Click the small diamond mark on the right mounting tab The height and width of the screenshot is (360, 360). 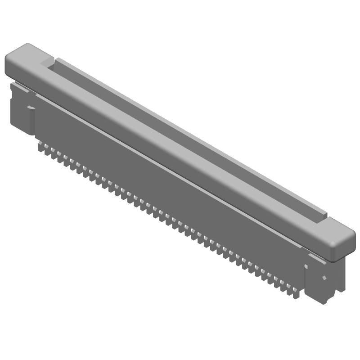pyautogui.click(x=323, y=278)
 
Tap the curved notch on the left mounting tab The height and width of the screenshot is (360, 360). pyautogui.click(x=31, y=108)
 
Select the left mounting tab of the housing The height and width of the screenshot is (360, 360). pyautogui.click(x=22, y=110)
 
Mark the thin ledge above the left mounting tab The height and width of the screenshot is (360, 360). pyautogui.click(x=20, y=86)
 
